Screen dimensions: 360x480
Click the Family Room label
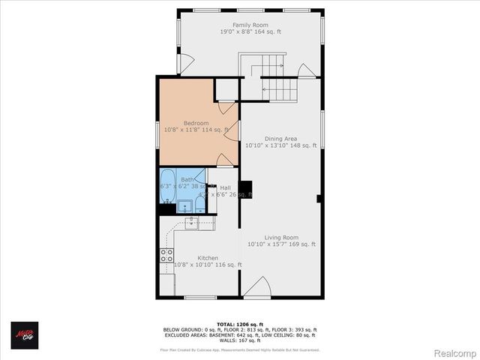(250, 25)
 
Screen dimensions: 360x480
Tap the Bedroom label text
(196, 123)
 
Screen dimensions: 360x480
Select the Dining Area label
(281, 138)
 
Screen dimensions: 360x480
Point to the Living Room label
(281, 237)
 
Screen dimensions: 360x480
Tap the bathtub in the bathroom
(167, 187)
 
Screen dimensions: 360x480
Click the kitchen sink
(190, 222)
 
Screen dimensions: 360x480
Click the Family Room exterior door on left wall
(186, 65)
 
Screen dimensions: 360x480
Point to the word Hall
(225, 187)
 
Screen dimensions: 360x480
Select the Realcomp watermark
(455, 352)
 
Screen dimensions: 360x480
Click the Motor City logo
(25, 336)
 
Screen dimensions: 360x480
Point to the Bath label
(187, 180)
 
